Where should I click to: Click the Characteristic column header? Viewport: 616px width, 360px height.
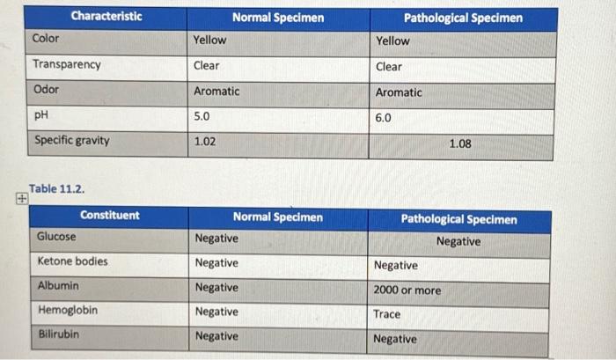coord(106,17)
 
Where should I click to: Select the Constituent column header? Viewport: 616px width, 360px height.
coord(109,216)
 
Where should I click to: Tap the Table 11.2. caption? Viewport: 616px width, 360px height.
coord(57,189)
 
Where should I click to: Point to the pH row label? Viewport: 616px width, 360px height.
coord(42,114)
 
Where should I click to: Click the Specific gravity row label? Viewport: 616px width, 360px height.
coord(71,140)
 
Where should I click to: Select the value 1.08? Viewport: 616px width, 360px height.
coord(459,143)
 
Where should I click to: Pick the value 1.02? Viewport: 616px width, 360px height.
coord(204,141)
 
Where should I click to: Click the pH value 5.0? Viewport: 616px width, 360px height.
coord(202,115)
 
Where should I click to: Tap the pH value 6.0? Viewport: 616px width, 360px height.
coord(383,117)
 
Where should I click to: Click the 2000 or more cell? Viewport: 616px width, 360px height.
coord(407,290)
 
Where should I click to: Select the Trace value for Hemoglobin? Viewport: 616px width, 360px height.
coord(386,314)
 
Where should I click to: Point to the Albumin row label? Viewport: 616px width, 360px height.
coord(58,286)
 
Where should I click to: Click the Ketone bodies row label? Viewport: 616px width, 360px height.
coord(73,261)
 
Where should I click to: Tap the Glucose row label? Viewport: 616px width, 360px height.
coord(56,237)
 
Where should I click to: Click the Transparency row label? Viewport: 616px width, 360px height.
coord(67,64)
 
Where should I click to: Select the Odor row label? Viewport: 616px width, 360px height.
coord(46,90)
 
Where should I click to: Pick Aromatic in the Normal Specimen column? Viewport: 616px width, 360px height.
coord(216,91)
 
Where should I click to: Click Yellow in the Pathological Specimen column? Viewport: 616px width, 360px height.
coord(392,40)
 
